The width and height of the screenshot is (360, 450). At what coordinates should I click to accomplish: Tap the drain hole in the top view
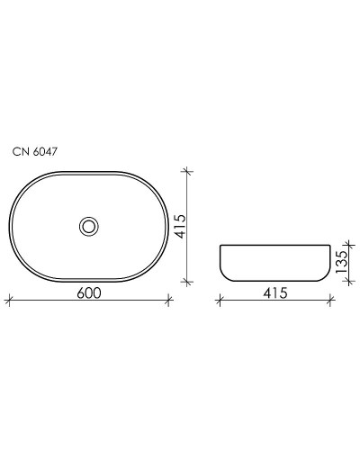88,226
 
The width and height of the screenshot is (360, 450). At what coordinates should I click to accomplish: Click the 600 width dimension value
88,292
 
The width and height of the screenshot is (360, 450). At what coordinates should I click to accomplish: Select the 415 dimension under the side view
275,292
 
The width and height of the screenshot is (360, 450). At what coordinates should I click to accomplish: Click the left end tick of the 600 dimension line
8,301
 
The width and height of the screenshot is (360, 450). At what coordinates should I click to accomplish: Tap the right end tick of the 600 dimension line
168,301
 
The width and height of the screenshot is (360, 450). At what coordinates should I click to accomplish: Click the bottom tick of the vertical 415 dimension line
186,282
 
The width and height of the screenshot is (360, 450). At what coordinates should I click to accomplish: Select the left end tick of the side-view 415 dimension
220,301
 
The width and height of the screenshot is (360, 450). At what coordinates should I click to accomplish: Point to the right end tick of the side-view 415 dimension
331,301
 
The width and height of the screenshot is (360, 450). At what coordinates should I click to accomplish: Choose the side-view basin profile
275,263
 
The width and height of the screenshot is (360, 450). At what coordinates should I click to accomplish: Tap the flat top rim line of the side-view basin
275,245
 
